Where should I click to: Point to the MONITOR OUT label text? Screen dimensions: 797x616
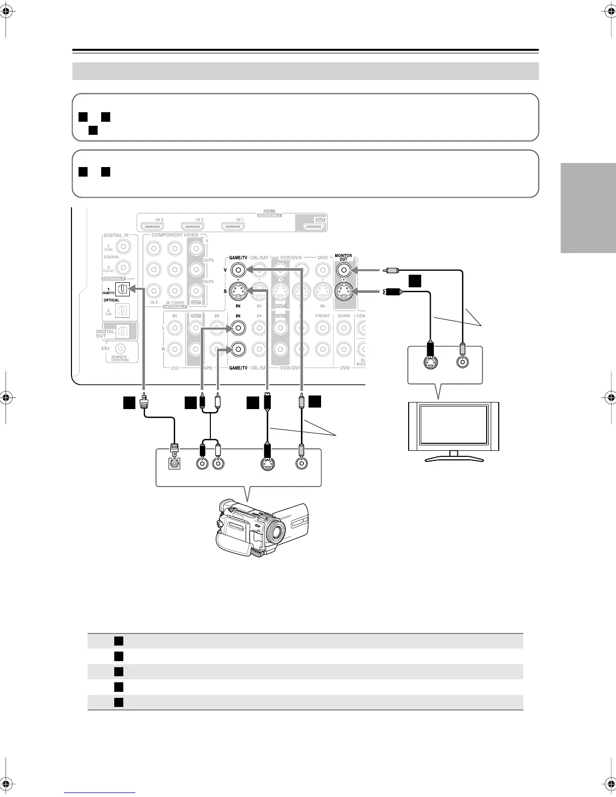pyautogui.click(x=344, y=257)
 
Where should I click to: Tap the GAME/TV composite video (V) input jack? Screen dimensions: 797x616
pyautogui.click(x=238, y=270)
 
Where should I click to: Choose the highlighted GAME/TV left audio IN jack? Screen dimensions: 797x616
pyautogui.click(x=238, y=329)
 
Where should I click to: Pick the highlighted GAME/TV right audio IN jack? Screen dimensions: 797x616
pyautogui.click(x=238, y=348)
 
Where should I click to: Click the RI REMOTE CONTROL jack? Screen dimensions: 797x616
pyautogui.click(x=120, y=348)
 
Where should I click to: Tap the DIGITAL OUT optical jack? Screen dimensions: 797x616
pyautogui.click(x=122, y=331)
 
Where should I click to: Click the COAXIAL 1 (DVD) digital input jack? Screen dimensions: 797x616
pyautogui.click(x=123, y=247)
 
